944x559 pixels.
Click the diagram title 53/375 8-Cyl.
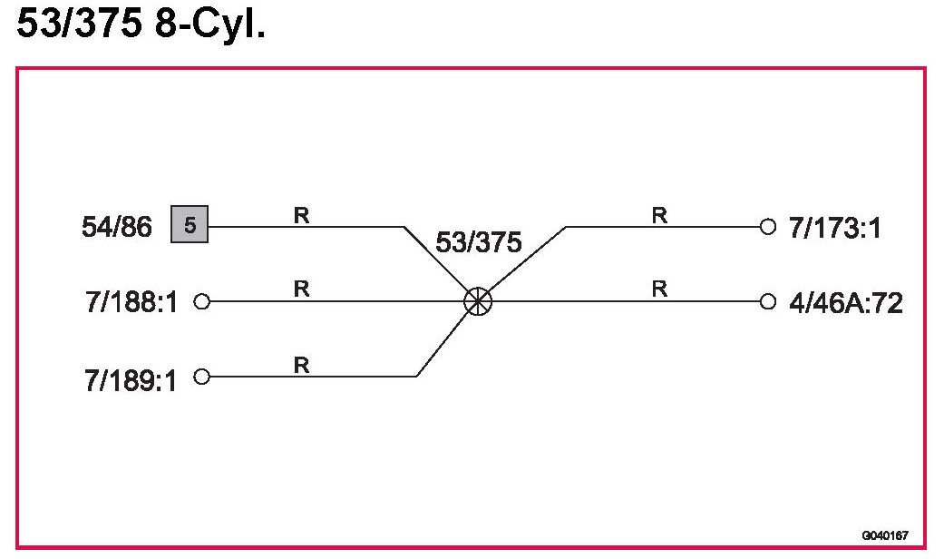tap(141, 26)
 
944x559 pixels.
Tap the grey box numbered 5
tap(190, 226)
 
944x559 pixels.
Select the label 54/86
tap(117, 227)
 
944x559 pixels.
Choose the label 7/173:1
tap(834, 227)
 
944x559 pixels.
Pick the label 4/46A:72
tap(845, 303)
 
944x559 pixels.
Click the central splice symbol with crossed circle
tap(478, 301)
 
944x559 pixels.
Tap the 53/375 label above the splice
tap(479, 243)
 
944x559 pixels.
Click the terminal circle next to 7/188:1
tap(202, 301)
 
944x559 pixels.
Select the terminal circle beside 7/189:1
tap(202, 377)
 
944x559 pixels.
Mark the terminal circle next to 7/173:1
tap(769, 226)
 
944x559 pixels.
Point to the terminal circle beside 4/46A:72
tap(769, 301)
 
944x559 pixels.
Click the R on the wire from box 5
tap(301, 215)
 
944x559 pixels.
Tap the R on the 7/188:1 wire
tap(301, 289)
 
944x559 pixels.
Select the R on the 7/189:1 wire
tap(301, 365)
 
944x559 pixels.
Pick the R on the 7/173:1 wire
tap(659, 215)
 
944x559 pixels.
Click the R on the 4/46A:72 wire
tap(659, 289)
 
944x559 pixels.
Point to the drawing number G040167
tap(885, 536)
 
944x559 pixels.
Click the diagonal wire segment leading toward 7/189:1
tap(444, 341)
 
